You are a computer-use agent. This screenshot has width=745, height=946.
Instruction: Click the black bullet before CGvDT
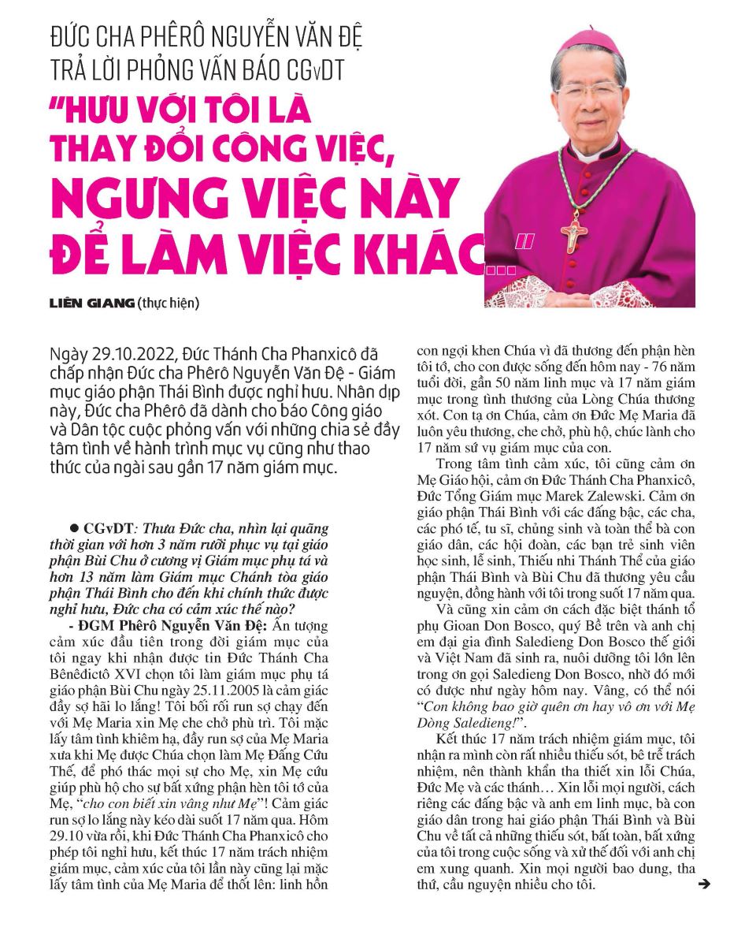tap(73, 528)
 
